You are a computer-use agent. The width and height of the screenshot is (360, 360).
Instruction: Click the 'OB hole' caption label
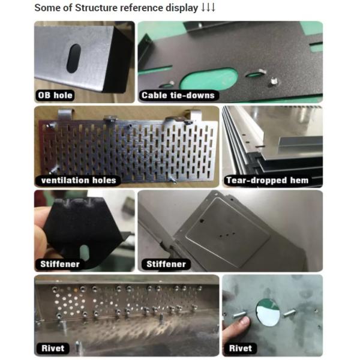pyautogui.click(x=55, y=95)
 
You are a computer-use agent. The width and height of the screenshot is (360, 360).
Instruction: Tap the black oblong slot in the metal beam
pyautogui.click(x=73, y=59)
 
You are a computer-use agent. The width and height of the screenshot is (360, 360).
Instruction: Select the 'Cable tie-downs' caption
pyautogui.click(x=178, y=95)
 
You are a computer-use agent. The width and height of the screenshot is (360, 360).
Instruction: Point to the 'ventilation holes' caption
pyautogui.click(x=78, y=180)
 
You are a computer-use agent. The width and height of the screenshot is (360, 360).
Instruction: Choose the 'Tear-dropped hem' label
pyautogui.click(x=267, y=180)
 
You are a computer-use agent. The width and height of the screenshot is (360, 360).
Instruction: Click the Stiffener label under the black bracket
pyautogui.click(x=60, y=264)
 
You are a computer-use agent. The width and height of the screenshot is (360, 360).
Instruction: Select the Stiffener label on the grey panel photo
pyautogui.click(x=166, y=264)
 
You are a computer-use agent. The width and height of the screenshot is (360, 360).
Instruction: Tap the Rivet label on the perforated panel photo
pyautogui.click(x=53, y=348)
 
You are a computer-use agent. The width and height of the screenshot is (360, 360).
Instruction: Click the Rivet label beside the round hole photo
pyautogui.click(x=241, y=348)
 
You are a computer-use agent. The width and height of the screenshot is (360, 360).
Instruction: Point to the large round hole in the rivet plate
pyautogui.click(x=268, y=312)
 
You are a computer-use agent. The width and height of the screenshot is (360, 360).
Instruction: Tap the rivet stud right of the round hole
pyautogui.click(x=289, y=313)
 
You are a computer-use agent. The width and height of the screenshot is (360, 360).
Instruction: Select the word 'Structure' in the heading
pyautogui.click(x=96, y=8)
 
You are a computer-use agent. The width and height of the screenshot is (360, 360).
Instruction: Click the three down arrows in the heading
pyautogui.click(x=208, y=8)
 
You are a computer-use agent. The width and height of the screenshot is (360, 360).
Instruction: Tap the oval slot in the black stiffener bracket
pyautogui.click(x=84, y=253)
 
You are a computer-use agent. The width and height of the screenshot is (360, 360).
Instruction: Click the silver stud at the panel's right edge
pyautogui.click(x=274, y=81)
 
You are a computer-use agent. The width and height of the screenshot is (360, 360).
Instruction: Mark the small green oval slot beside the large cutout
pyautogui.click(x=254, y=75)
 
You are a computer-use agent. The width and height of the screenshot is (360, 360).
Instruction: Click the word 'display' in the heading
pyautogui.click(x=182, y=8)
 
